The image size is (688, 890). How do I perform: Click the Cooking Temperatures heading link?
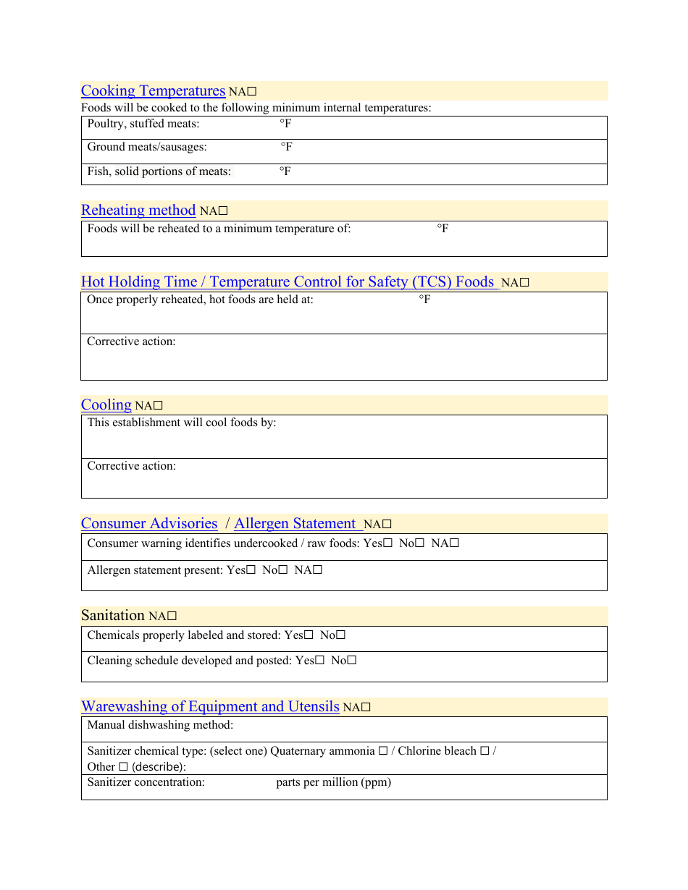(153, 90)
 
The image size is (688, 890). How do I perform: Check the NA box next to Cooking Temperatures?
(253, 92)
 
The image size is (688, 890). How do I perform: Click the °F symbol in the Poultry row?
(285, 124)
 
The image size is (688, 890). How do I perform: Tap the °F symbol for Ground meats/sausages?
(287, 147)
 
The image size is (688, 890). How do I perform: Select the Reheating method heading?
(138, 210)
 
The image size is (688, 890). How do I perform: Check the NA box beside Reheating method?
(224, 211)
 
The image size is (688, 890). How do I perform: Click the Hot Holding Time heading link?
(288, 281)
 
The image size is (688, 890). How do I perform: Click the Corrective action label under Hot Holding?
(131, 342)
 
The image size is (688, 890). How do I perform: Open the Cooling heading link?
(106, 404)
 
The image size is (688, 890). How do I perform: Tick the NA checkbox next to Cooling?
(158, 406)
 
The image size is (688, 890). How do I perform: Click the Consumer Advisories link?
(149, 523)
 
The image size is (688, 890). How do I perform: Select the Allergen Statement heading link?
(295, 523)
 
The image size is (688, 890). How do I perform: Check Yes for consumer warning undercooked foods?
(388, 543)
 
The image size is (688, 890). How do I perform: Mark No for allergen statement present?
(283, 570)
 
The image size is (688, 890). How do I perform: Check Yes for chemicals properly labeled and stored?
(309, 635)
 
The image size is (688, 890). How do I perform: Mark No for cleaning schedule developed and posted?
(352, 661)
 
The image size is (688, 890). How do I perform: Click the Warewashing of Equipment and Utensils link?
(210, 706)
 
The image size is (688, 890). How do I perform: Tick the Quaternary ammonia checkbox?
(382, 751)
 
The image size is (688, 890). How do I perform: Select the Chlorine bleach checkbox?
(484, 751)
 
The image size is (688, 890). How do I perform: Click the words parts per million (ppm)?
(333, 782)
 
